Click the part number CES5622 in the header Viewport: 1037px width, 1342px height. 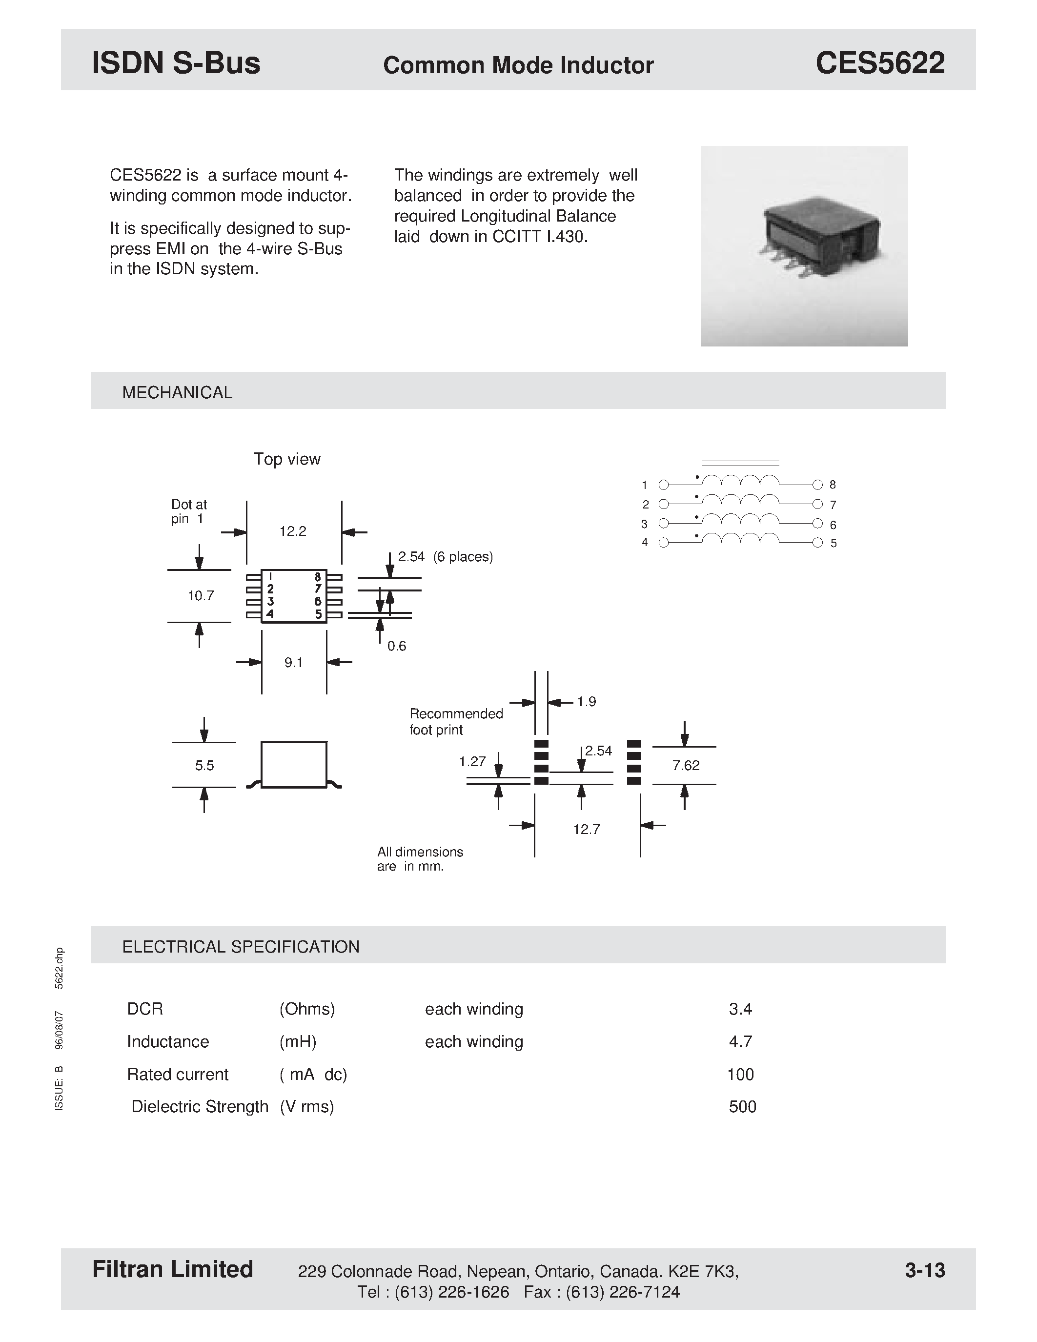click(x=880, y=63)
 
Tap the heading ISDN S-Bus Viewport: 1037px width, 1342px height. click(x=176, y=63)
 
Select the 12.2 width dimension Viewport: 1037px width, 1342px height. click(x=292, y=531)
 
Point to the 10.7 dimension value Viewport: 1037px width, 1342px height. click(x=200, y=596)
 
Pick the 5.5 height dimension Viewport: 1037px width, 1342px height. click(x=204, y=766)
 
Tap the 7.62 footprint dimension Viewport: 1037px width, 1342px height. click(x=686, y=766)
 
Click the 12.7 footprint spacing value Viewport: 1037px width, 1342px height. click(x=586, y=830)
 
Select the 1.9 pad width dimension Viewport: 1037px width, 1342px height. click(x=586, y=702)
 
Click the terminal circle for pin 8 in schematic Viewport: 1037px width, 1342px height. click(x=817, y=485)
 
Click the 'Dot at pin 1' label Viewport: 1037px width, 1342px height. click(x=188, y=512)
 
